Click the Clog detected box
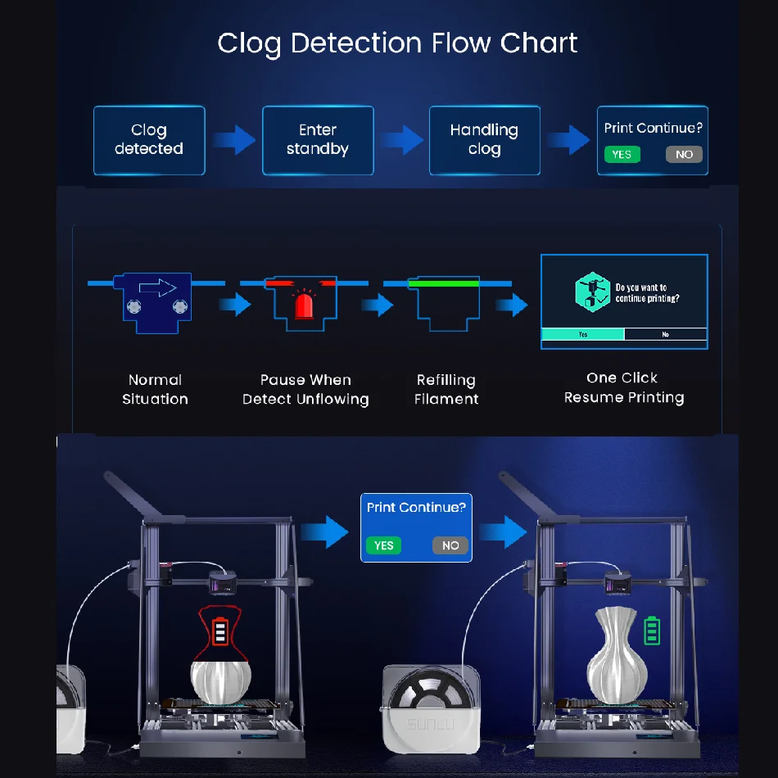(148, 140)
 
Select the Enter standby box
(318, 140)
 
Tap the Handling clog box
(484, 140)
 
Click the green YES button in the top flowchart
(622, 154)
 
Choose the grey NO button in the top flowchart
(684, 154)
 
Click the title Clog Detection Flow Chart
(397, 43)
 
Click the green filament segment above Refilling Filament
(446, 283)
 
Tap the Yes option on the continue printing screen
(582, 334)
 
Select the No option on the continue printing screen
(665, 334)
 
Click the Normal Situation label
(155, 389)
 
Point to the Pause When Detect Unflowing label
(305, 389)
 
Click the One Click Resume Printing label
(623, 387)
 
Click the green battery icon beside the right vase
(652, 631)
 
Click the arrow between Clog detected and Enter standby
(233, 140)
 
